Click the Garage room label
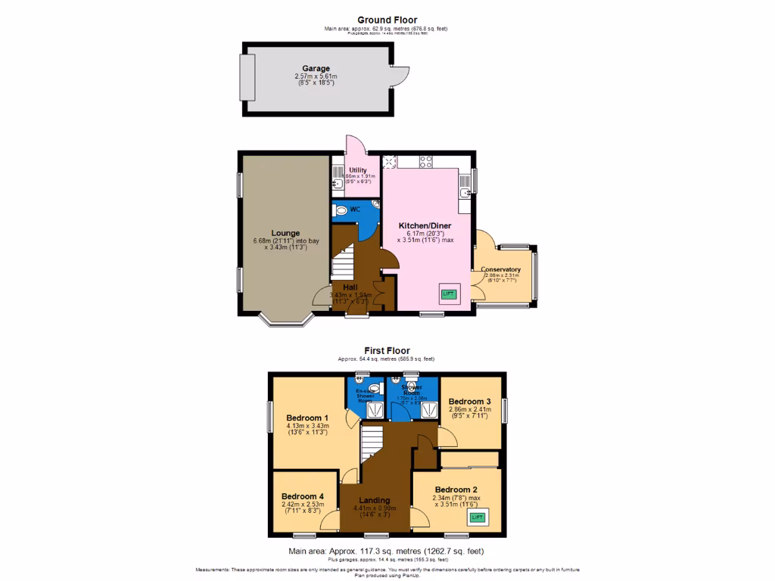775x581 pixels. [x=316, y=69]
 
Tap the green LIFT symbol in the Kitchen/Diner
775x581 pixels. [x=449, y=294]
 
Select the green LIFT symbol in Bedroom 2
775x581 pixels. [x=477, y=517]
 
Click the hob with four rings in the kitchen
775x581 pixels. [x=425, y=161]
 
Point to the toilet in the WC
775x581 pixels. [x=342, y=210]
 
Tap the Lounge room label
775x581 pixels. [x=286, y=233]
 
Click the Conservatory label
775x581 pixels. [x=500, y=270]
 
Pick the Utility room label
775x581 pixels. [x=358, y=171]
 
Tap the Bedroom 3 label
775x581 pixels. [x=469, y=401]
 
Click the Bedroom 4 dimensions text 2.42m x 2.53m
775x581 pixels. [x=303, y=504]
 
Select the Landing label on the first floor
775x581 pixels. [x=375, y=500]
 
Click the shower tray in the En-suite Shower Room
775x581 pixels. [x=375, y=410]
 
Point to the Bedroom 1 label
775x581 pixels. [x=307, y=418]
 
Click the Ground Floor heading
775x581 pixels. [x=387, y=20]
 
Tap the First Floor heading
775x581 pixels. [x=387, y=350]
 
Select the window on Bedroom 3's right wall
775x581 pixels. [x=505, y=409]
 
